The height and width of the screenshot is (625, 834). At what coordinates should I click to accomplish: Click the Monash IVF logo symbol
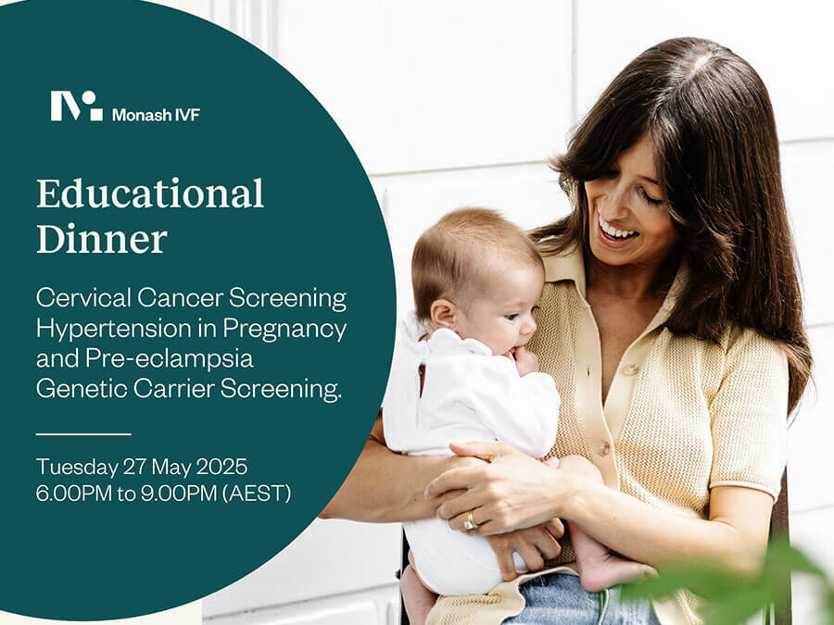[x=77, y=106]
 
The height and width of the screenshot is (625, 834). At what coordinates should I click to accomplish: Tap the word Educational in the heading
[x=150, y=194]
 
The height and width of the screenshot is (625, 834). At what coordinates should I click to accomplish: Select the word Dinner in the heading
[x=102, y=239]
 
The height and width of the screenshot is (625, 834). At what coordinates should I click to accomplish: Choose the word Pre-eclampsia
[x=170, y=358]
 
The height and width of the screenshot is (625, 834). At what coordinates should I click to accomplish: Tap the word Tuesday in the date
[x=77, y=468]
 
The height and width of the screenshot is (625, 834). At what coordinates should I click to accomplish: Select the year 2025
[x=221, y=468]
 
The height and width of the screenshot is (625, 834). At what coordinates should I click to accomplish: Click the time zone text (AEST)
[x=257, y=494]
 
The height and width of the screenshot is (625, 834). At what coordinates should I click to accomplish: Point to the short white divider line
[x=83, y=434]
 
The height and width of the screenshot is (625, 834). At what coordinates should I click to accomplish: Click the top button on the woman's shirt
[x=631, y=369]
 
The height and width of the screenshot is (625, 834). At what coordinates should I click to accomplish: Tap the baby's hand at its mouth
[x=524, y=359]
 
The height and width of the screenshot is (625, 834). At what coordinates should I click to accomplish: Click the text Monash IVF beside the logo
[x=156, y=115]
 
